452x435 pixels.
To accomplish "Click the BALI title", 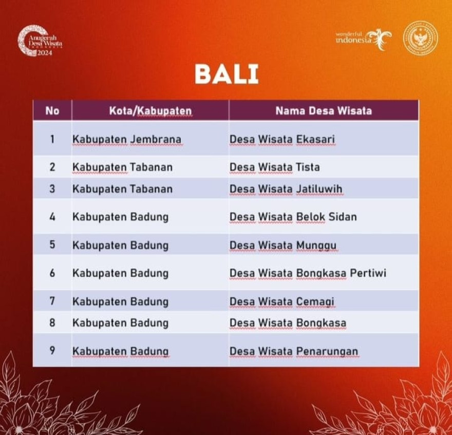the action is [227, 74].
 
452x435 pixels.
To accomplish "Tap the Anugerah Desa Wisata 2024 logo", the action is [40, 41].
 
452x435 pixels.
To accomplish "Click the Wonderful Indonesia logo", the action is [364, 39].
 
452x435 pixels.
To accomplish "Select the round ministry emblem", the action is [421, 39].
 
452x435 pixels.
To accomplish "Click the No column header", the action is [52, 111].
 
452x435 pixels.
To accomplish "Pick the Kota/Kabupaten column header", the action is [150, 111].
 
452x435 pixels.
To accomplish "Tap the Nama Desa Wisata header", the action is [324, 111].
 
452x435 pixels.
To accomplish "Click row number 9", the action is [52, 350].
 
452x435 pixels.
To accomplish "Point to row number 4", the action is [52, 217].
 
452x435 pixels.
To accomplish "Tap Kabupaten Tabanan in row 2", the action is [123, 167].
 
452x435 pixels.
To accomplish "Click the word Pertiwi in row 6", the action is [368, 273].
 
